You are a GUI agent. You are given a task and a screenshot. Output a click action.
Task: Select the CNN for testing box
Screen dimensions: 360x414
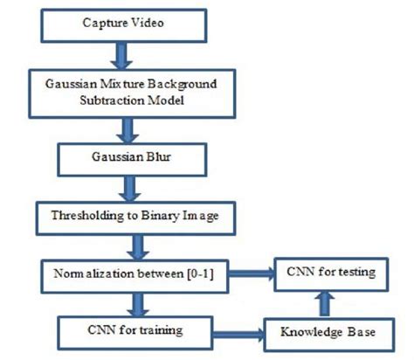pos(330,272)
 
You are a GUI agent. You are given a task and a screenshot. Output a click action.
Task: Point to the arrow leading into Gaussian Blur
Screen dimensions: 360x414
pos(130,130)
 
